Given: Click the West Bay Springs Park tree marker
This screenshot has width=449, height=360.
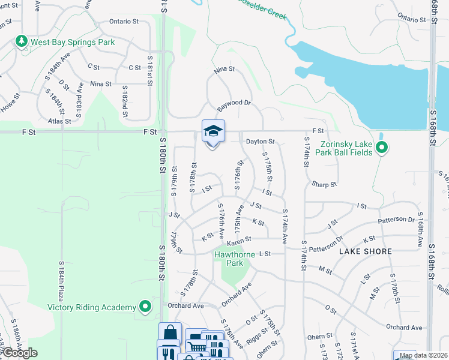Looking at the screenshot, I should click(22, 41).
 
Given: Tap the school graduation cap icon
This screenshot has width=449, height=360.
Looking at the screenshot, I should click(213, 131).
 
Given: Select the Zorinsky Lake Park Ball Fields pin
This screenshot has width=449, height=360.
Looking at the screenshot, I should click(381, 147).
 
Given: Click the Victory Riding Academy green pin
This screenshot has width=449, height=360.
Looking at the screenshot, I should click(145, 307).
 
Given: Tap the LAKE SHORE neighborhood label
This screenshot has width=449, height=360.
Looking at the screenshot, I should click(360, 251).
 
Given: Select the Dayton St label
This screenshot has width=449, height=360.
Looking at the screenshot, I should click(260, 142).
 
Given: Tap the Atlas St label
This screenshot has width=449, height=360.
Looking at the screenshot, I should click(59, 121).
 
